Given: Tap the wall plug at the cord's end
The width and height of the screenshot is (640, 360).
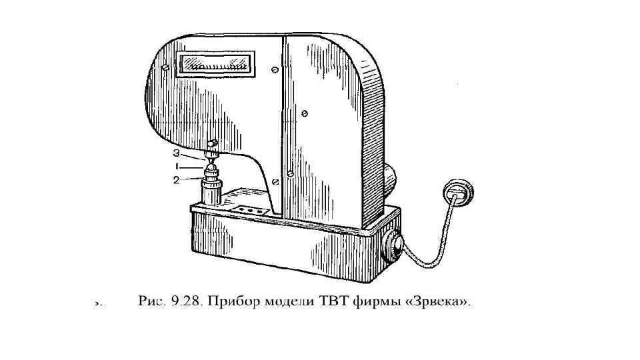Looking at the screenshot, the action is [459, 191].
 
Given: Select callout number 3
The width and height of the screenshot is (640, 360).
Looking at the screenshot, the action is [177, 153].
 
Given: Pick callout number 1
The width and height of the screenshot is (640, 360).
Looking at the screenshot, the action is [177, 166].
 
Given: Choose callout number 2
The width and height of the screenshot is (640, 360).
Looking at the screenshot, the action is [177, 179].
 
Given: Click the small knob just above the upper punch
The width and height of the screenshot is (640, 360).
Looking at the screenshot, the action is [213, 144].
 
